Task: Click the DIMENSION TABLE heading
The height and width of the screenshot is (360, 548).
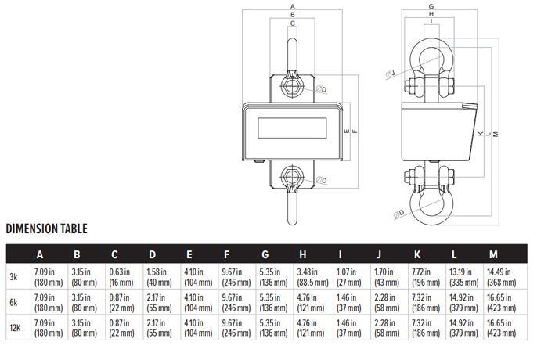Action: (x=46, y=229)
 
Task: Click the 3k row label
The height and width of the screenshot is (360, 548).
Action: (x=15, y=277)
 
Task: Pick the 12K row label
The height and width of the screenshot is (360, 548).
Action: (x=15, y=329)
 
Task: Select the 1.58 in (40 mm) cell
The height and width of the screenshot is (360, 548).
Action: (x=159, y=277)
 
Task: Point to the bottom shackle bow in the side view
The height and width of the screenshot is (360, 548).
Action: (x=430, y=205)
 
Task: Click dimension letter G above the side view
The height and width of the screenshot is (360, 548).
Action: (x=431, y=5)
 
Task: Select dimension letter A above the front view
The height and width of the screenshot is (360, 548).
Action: (x=292, y=5)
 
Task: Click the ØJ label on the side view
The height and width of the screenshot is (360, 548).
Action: (x=390, y=74)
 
